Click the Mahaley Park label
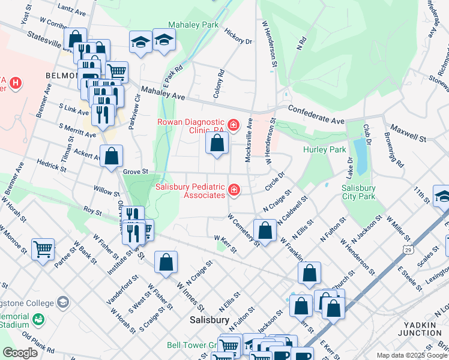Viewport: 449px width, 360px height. (x=193, y=25)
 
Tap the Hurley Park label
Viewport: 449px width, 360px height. (x=324, y=149)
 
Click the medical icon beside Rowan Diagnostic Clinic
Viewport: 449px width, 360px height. (x=234, y=125)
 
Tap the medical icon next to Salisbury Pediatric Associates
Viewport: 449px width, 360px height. (x=234, y=191)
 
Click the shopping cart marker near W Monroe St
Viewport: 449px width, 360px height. (x=43, y=248)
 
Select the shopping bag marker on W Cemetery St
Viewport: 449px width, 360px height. (x=265, y=230)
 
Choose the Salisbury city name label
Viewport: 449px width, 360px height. (x=209, y=320)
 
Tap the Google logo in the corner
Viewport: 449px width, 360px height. (x=20, y=353)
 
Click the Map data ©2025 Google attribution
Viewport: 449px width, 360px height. (x=412, y=356)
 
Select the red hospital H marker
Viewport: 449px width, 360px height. (x=16, y=82)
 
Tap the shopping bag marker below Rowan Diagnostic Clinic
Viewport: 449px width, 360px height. (x=217, y=143)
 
